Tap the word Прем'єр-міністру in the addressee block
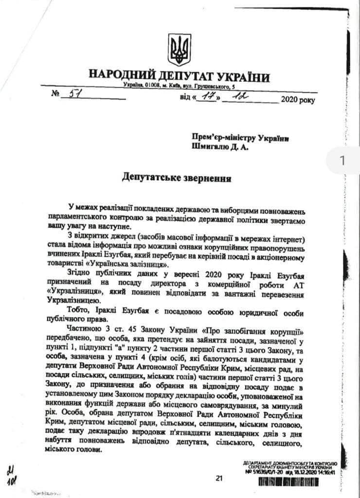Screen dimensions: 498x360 coord(224,139)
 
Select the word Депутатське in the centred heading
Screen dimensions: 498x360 coord(149,177)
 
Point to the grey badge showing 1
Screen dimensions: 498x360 coord(342,160)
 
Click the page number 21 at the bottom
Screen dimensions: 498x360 coord(218,478)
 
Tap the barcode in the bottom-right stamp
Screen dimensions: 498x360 coord(297,481)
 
